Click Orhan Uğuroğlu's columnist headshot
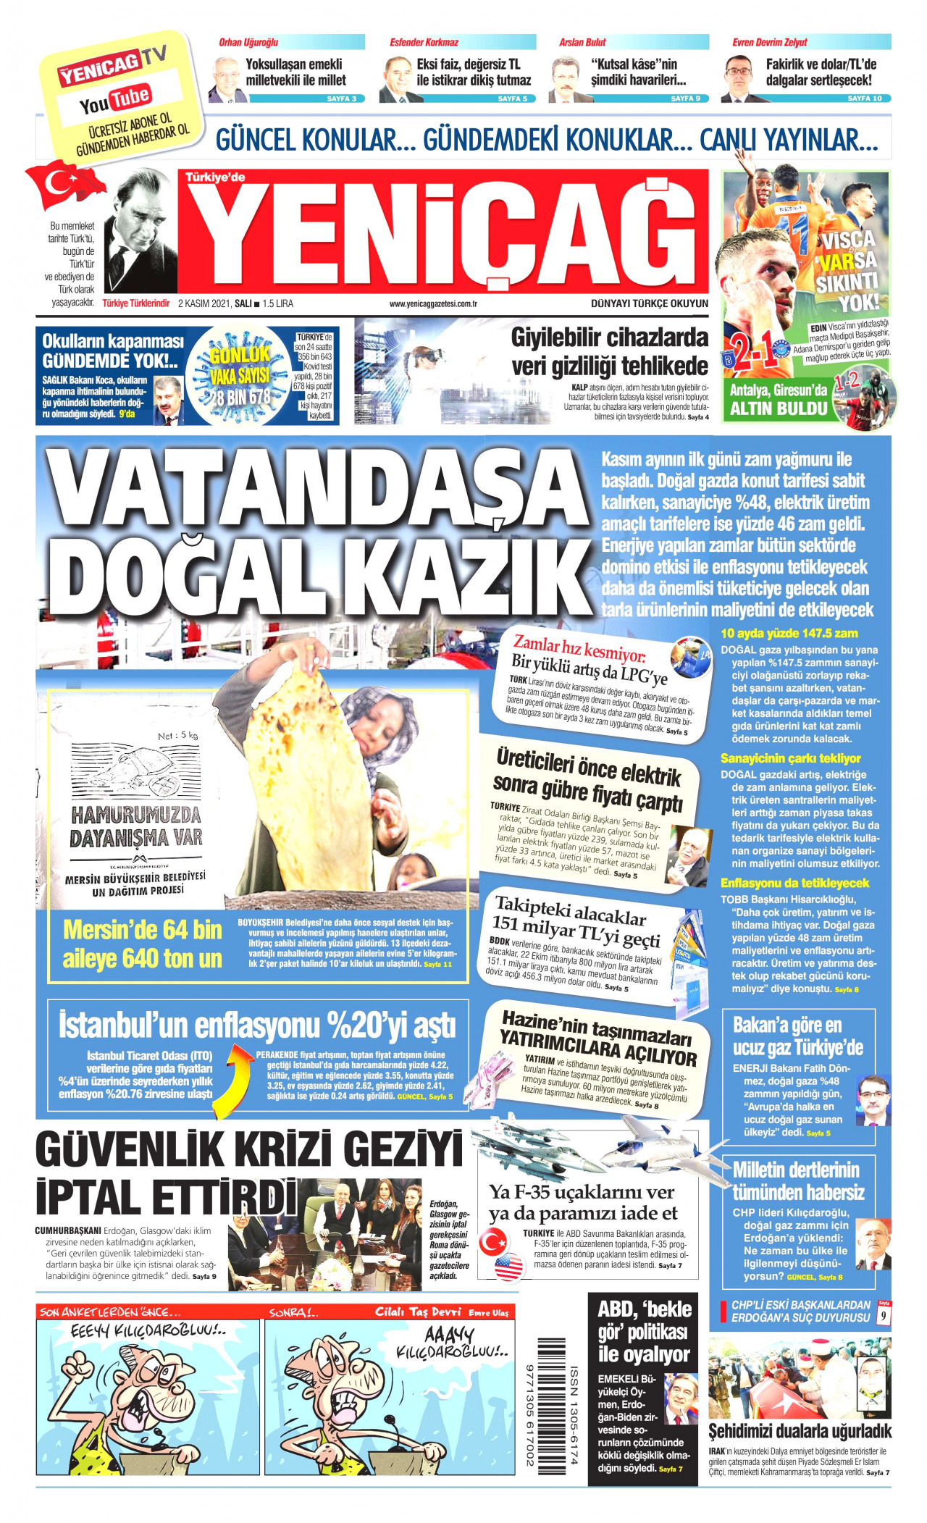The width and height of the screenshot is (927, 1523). pyautogui.click(x=227, y=80)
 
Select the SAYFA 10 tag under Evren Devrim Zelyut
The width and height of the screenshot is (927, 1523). pyautogui.click(x=864, y=98)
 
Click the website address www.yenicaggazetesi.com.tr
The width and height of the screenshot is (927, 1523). pyautogui.click(x=432, y=304)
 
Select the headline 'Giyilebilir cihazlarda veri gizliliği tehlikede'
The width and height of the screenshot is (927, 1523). pyautogui.click(x=609, y=351)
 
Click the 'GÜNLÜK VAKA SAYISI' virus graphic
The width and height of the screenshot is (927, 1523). pyautogui.click(x=240, y=375)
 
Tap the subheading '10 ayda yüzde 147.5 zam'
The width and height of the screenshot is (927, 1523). pyautogui.click(x=789, y=634)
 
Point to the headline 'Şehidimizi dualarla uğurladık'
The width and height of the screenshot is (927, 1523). pyautogui.click(x=800, y=1430)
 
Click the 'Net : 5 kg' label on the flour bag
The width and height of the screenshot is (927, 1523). pyautogui.click(x=177, y=736)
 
